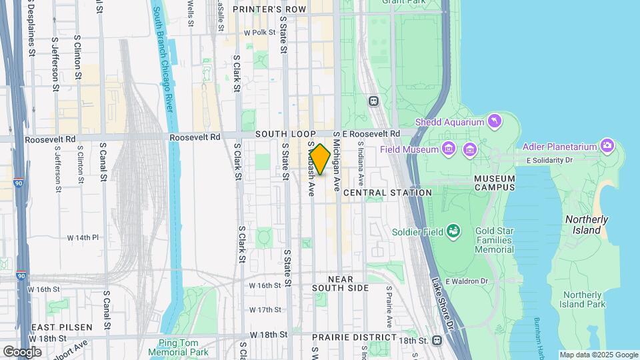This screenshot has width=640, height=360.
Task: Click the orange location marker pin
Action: [x=320, y=159]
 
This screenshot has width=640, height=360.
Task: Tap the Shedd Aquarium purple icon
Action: [x=494, y=121]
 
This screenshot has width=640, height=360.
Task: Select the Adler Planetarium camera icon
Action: [x=607, y=145]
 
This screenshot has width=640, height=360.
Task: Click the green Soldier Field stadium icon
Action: [x=454, y=231]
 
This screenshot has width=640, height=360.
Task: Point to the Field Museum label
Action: [x=408, y=149]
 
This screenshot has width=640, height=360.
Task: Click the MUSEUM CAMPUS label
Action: [x=494, y=183]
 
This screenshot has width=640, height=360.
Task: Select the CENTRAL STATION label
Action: [x=387, y=193]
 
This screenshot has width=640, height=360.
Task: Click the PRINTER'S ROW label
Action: [x=269, y=9]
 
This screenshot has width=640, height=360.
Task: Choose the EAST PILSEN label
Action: [x=54, y=327]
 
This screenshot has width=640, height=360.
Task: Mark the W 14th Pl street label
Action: [x=83, y=237]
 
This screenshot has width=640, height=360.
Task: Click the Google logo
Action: [x=22, y=351]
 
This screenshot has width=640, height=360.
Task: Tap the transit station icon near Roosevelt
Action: [x=373, y=101]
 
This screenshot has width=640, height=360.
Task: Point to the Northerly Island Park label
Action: [x=583, y=299]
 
